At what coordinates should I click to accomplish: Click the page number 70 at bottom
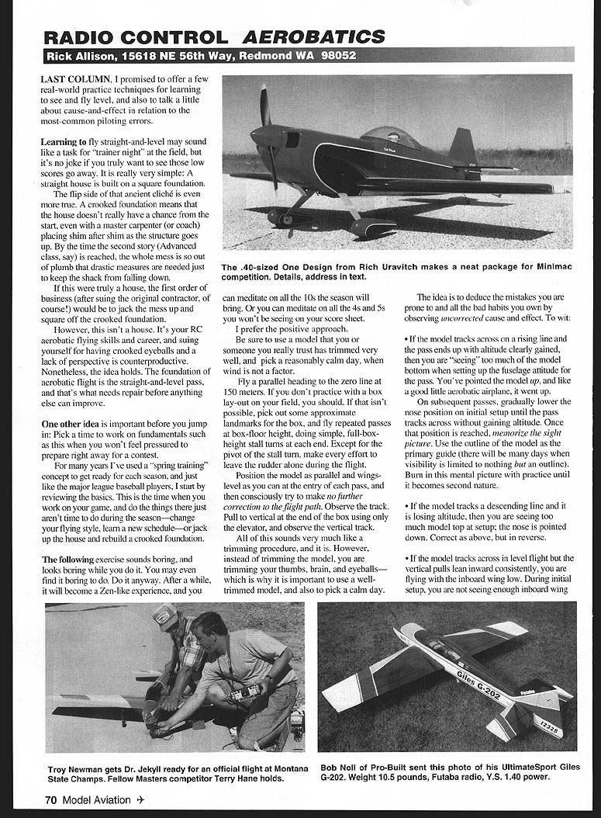tap(50, 799)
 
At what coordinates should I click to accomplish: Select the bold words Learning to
tap(64, 143)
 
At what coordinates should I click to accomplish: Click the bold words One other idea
tap(74, 425)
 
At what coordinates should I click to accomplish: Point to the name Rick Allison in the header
tap(80, 56)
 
